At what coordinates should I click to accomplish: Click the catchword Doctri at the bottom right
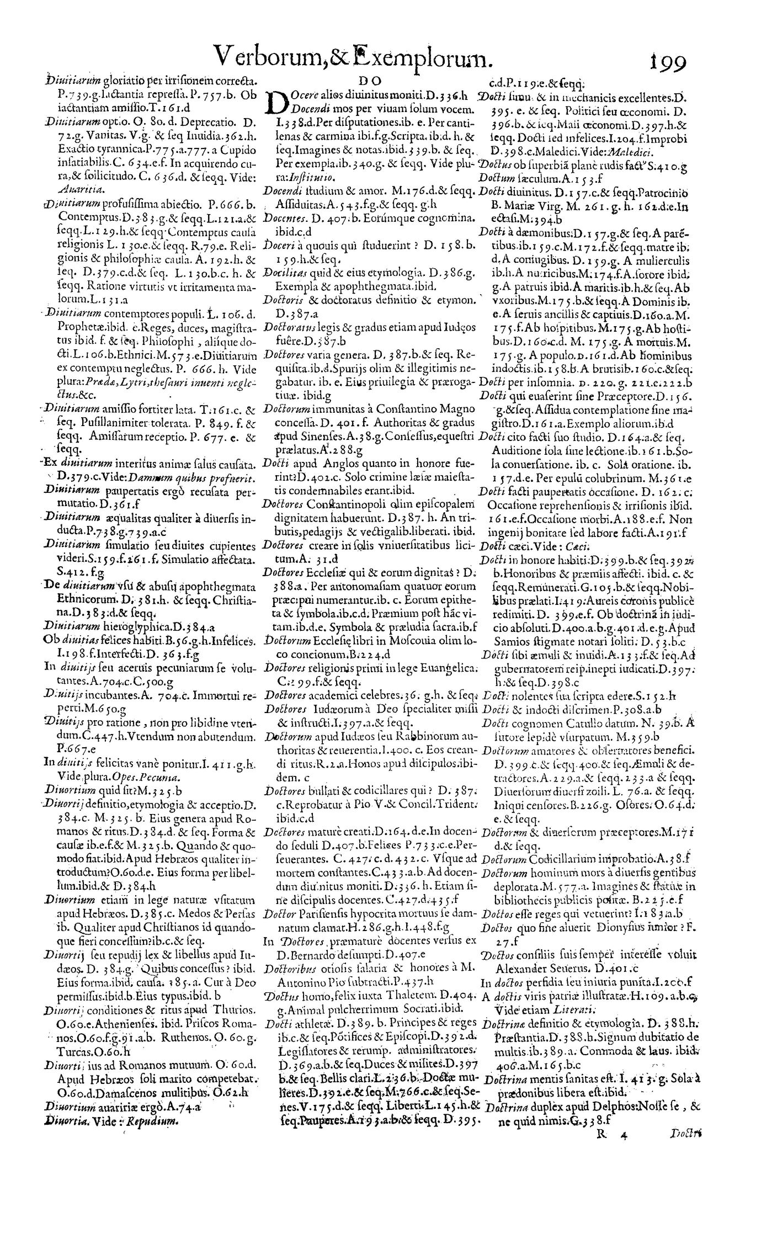point(685,1238)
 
